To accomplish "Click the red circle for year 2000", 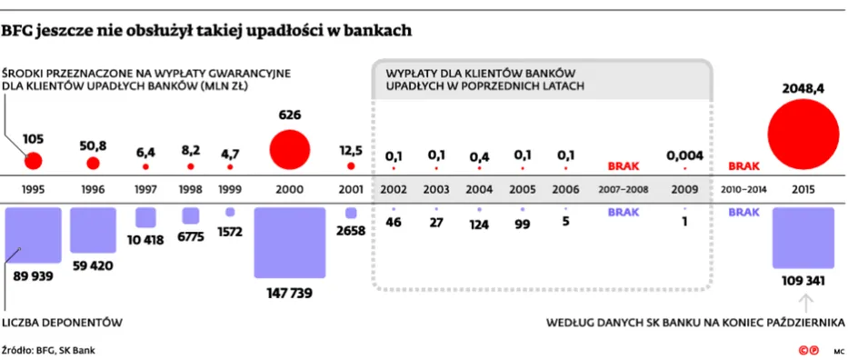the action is (x=289, y=149).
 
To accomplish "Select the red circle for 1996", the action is (x=93, y=163).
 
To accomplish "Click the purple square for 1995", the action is (x=33, y=235).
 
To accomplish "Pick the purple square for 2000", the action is (x=289, y=243).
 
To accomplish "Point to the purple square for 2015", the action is (x=803, y=238).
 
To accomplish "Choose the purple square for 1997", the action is (x=145, y=217).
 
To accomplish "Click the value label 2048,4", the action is (x=803, y=88).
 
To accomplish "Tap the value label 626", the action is (x=289, y=115).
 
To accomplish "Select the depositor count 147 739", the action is (x=289, y=294).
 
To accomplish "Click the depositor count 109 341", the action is (x=803, y=281).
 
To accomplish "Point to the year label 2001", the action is (x=351, y=190).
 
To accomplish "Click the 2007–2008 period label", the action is (x=624, y=190).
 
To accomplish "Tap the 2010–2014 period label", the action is (x=744, y=190).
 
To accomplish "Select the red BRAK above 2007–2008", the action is (x=624, y=165).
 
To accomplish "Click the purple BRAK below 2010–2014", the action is (x=744, y=213).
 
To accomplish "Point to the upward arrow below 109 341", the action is (x=806, y=303).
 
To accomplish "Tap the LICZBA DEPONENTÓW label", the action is (x=63, y=323).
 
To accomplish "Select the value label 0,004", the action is (x=684, y=155).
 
